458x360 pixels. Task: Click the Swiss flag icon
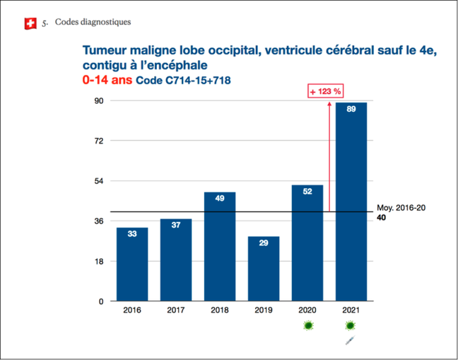click(x=29, y=24)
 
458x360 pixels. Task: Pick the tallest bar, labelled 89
click(x=351, y=202)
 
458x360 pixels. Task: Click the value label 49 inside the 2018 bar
click(x=220, y=199)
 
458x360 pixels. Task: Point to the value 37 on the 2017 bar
click(x=176, y=225)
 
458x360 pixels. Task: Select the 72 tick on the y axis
click(x=98, y=141)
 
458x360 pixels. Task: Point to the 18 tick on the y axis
click(x=98, y=262)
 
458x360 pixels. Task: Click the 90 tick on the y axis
click(x=98, y=101)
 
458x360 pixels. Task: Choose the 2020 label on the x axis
click(x=307, y=311)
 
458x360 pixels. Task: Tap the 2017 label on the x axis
click(x=176, y=311)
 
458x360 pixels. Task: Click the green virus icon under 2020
click(x=308, y=326)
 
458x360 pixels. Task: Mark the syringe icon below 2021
click(x=350, y=342)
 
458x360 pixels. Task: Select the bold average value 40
click(x=381, y=218)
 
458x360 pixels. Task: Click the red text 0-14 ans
click(x=106, y=80)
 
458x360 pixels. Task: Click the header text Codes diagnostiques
click(x=93, y=22)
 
